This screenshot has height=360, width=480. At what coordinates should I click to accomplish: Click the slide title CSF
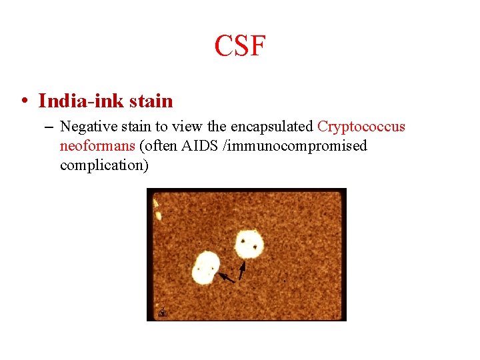pos(240,47)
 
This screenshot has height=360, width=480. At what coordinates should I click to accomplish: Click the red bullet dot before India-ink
pos(23,101)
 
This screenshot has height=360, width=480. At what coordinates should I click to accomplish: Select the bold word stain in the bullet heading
pos(151,101)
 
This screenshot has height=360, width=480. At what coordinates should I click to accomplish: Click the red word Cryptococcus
pos(361,127)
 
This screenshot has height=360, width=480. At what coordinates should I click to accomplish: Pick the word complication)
pos(104,165)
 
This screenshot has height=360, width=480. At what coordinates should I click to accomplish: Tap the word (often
pos(159,146)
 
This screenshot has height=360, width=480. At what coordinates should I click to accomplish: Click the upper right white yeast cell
pos(249,244)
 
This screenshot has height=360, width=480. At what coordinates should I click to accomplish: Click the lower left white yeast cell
pos(206,268)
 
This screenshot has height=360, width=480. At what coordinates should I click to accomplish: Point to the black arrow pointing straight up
pos(242,269)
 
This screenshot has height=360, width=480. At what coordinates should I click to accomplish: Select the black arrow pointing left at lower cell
pos(227,277)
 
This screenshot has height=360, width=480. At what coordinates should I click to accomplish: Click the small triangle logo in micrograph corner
pos(161,312)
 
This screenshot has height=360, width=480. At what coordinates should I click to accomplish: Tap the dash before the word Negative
pos(51,127)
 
